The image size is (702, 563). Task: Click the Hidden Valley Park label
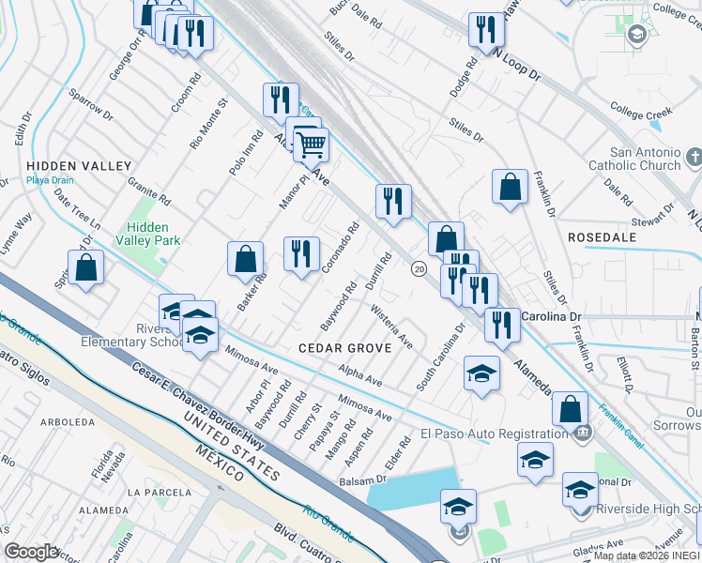pos(154,234)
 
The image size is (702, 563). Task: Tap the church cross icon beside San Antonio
pos(694,155)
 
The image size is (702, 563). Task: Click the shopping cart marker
pos(311,145)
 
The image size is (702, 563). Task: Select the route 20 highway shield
pos(419,268)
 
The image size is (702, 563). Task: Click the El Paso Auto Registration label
pos(495,434)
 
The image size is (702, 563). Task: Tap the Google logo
pos(31,552)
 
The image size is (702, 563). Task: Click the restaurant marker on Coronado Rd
pos(301,253)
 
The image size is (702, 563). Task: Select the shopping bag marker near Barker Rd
pos(245,258)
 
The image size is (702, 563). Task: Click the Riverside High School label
pos(648,510)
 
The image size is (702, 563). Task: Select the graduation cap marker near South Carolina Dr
pos(481,374)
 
